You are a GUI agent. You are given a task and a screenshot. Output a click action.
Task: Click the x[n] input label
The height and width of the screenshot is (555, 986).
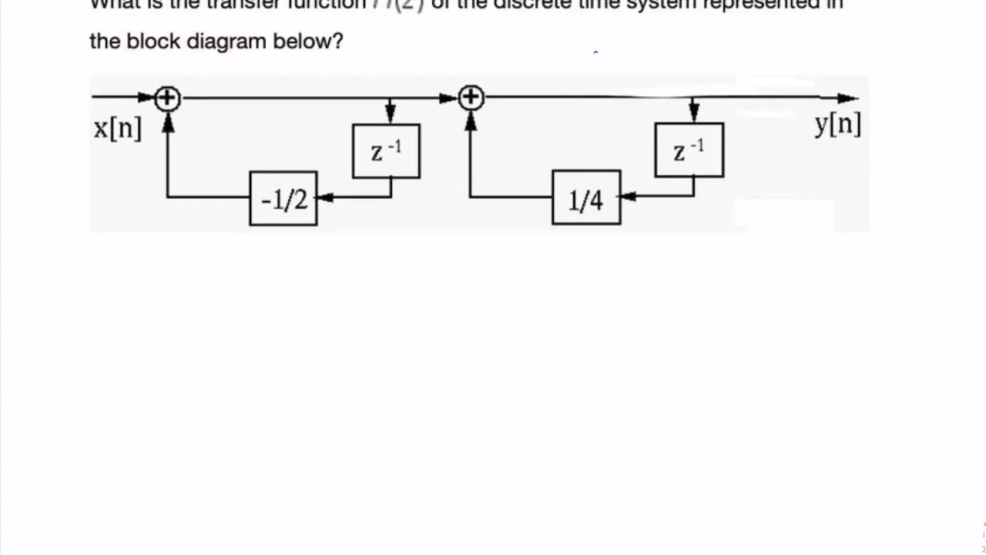tap(118, 128)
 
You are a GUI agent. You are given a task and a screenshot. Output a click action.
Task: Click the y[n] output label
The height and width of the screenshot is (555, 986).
tap(838, 123)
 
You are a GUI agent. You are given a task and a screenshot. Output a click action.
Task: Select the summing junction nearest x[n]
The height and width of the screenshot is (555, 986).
tap(167, 99)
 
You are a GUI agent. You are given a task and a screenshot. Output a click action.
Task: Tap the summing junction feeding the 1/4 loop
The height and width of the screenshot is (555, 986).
tap(471, 98)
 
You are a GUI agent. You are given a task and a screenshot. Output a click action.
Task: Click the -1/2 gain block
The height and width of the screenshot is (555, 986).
tap(283, 199)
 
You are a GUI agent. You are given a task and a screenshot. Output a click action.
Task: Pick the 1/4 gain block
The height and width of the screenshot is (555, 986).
tap(586, 198)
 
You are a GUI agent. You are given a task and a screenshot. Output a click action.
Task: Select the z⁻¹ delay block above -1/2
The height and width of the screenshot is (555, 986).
tap(386, 151)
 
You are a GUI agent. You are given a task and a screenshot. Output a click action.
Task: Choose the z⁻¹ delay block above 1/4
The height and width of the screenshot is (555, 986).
tap(689, 150)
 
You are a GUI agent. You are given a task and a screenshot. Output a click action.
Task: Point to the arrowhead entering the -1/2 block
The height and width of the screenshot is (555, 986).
tap(324, 197)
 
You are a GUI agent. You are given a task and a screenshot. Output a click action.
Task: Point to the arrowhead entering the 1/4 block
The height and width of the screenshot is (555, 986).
tap(627, 197)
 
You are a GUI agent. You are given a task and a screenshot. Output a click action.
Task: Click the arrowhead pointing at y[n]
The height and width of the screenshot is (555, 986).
tap(848, 99)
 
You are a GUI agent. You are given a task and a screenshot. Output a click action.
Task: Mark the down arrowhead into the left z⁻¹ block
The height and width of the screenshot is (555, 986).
tap(391, 115)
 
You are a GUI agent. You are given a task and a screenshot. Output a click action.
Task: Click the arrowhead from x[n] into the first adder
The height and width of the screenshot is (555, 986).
tap(147, 98)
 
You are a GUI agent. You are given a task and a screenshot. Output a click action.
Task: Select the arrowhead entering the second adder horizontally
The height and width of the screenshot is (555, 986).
tap(449, 99)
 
